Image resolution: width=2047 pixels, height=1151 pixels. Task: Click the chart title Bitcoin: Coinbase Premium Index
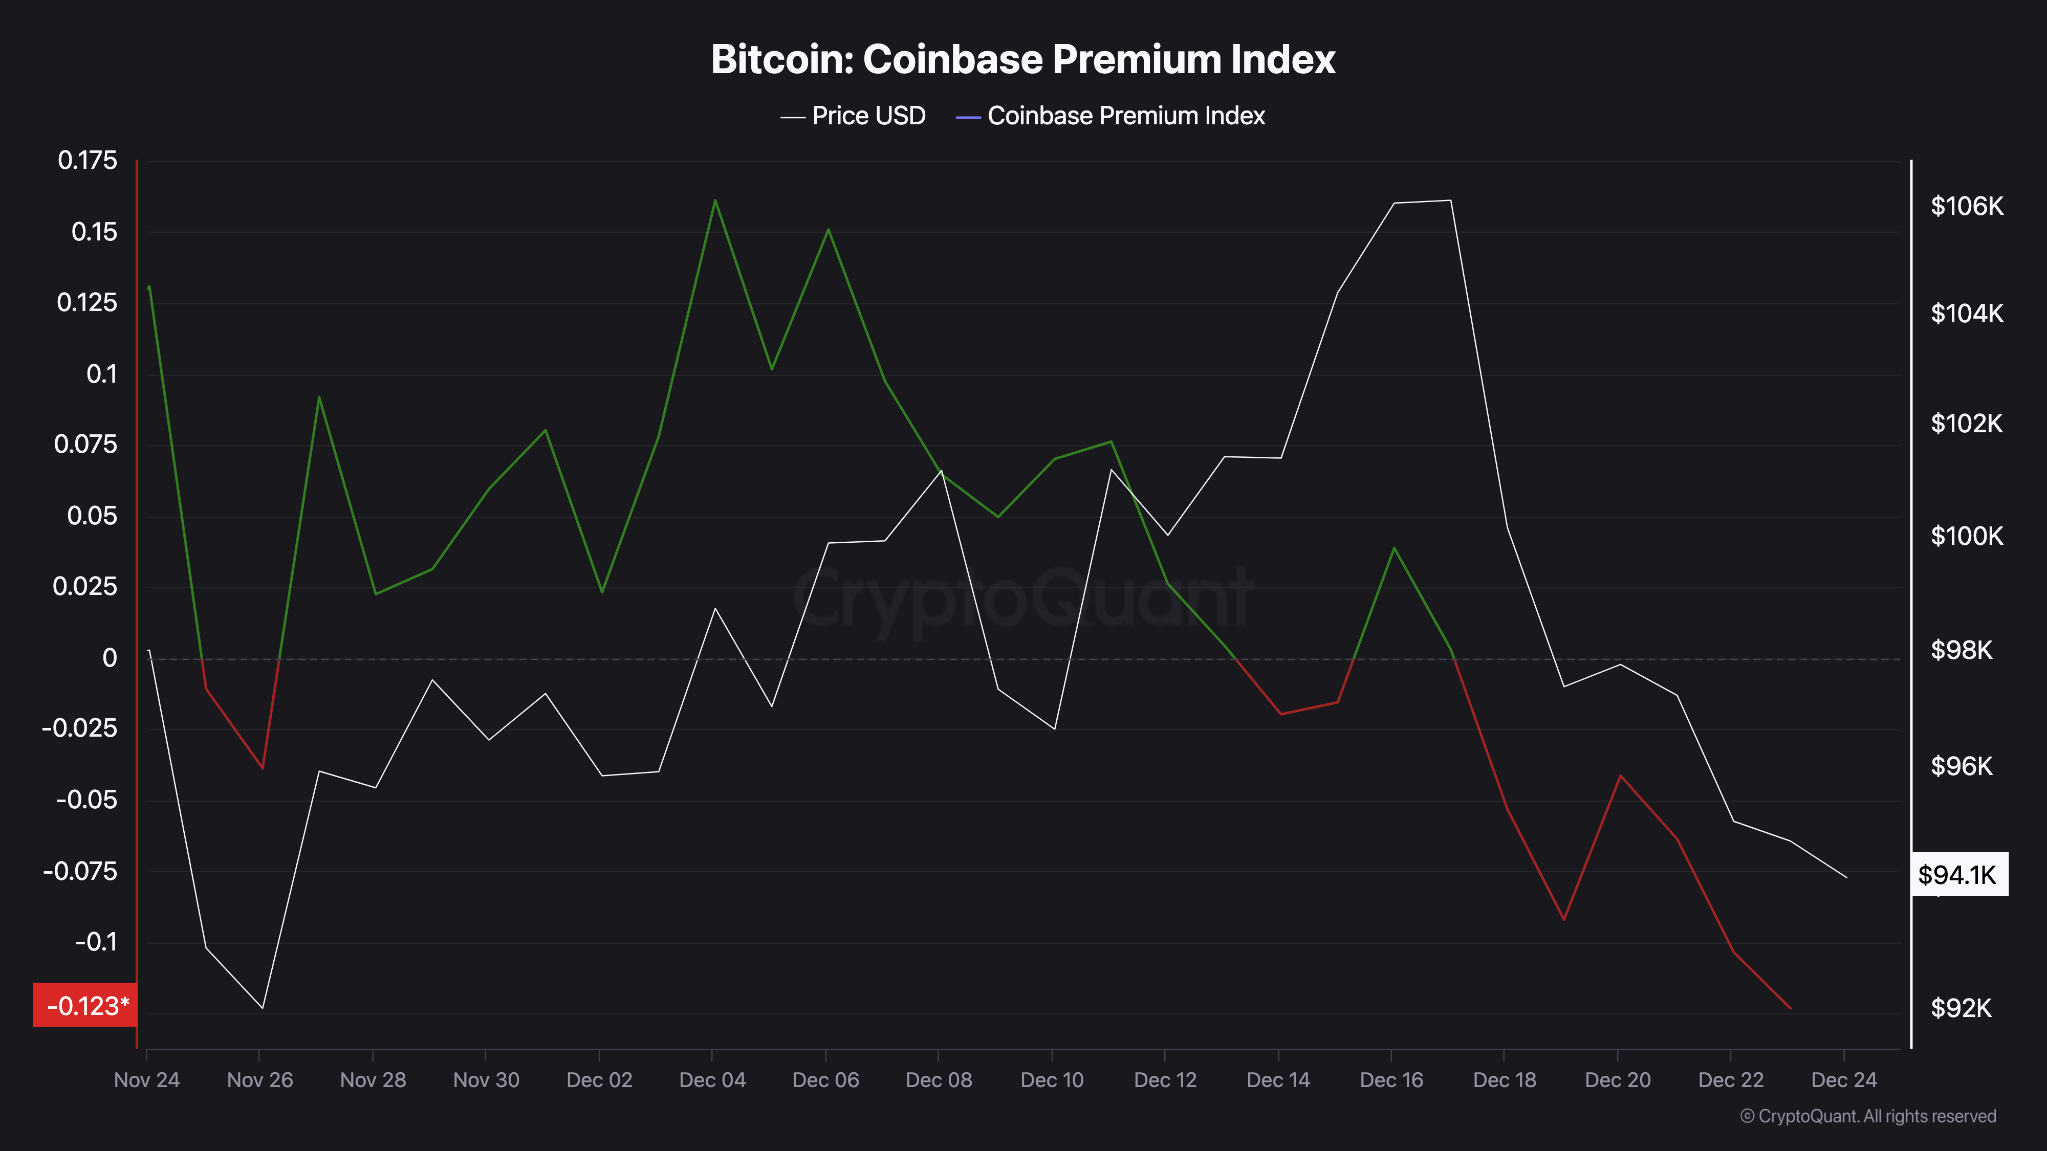pos(1022,59)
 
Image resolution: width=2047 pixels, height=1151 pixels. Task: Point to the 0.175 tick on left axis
pos(88,161)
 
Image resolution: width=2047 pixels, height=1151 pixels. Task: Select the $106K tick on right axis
pos(1967,207)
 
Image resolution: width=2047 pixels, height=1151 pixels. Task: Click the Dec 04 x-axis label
pos(712,1079)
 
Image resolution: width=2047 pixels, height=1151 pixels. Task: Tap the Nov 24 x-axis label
pos(147,1079)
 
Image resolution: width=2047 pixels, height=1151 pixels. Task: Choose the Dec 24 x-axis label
pos(1843,1079)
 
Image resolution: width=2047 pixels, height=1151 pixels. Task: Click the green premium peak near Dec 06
pos(828,230)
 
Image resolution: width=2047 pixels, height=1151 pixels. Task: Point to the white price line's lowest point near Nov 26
pos(262,1008)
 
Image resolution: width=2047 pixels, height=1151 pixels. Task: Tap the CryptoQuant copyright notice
pos(1867,1116)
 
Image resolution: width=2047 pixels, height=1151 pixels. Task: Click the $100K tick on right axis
pos(1967,536)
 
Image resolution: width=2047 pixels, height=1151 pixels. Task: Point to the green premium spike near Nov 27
pos(319,397)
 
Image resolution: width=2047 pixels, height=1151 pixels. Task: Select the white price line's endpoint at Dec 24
pos(1846,878)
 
